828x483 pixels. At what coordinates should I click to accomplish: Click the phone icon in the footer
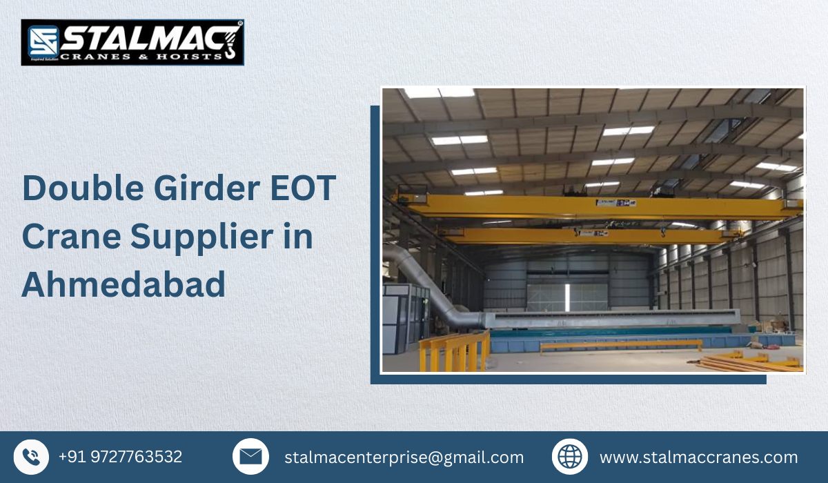coord(31,457)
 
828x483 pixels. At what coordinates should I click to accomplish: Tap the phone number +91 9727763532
coord(120,457)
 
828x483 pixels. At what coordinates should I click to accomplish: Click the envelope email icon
coord(250,457)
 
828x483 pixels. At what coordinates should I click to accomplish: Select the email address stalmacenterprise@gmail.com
coord(404,457)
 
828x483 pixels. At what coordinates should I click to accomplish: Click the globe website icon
coord(570,457)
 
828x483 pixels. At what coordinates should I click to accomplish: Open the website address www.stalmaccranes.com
coord(698,457)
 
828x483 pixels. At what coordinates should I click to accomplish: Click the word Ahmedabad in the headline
coord(124,284)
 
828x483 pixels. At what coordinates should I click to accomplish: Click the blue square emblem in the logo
coord(41,42)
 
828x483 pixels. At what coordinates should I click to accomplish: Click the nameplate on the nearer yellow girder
coord(616,204)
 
